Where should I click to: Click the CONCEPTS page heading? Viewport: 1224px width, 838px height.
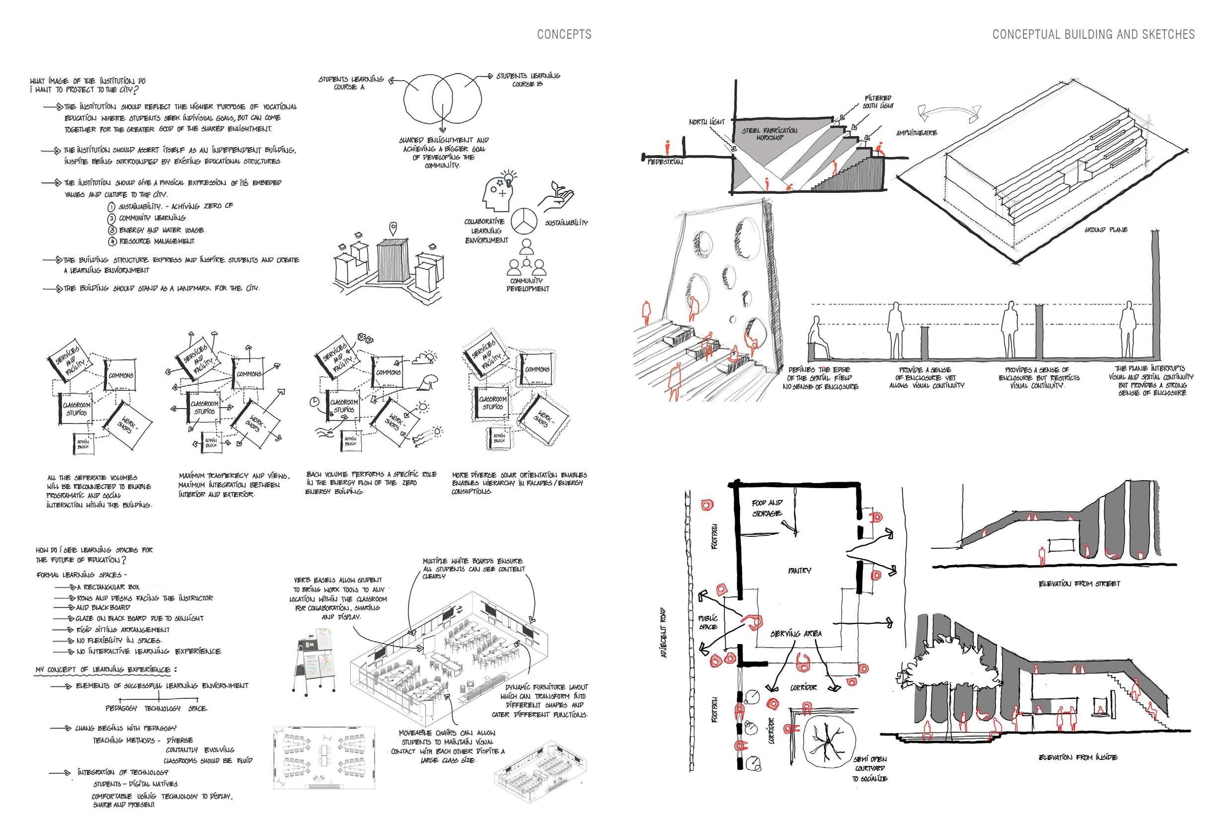click(x=564, y=35)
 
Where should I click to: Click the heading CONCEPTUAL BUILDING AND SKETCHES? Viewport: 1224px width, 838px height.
click(x=1093, y=35)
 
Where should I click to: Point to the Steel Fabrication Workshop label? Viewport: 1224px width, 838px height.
click(x=769, y=134)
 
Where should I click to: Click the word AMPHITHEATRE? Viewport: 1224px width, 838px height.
click(x=917, y=133)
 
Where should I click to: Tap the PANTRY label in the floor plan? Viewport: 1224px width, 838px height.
click(x=799, y=571)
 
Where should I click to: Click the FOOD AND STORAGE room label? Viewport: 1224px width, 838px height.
click(x=767, y=508)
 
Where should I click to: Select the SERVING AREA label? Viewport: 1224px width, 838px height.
click(x=796, y=634)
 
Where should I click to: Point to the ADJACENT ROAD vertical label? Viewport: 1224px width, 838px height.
click(x=664, y=632)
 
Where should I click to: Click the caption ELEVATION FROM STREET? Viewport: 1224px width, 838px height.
click(x=1079, y=584)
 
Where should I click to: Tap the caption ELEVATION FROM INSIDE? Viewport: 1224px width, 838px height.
click(x=1077, y=757)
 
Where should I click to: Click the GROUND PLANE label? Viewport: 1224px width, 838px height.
click(x=1105, y=230)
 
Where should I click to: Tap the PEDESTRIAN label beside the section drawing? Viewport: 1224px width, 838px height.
click(x=665, y=163)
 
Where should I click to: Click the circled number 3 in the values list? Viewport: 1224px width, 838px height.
click(x=112, y=230)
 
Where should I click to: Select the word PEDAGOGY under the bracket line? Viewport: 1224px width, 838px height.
click(x=121, y=708)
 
